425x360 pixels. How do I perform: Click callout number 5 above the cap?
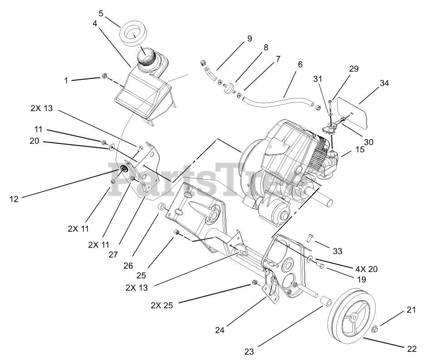point(101,14)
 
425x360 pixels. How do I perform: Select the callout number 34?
point(385,83)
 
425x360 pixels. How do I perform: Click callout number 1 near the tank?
point(66,81)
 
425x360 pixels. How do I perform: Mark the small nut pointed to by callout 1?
point(103,76)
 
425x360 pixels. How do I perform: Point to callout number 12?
point(15,199)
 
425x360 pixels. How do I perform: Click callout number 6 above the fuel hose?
point(300,65)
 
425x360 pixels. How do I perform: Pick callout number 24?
point(220,331)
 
